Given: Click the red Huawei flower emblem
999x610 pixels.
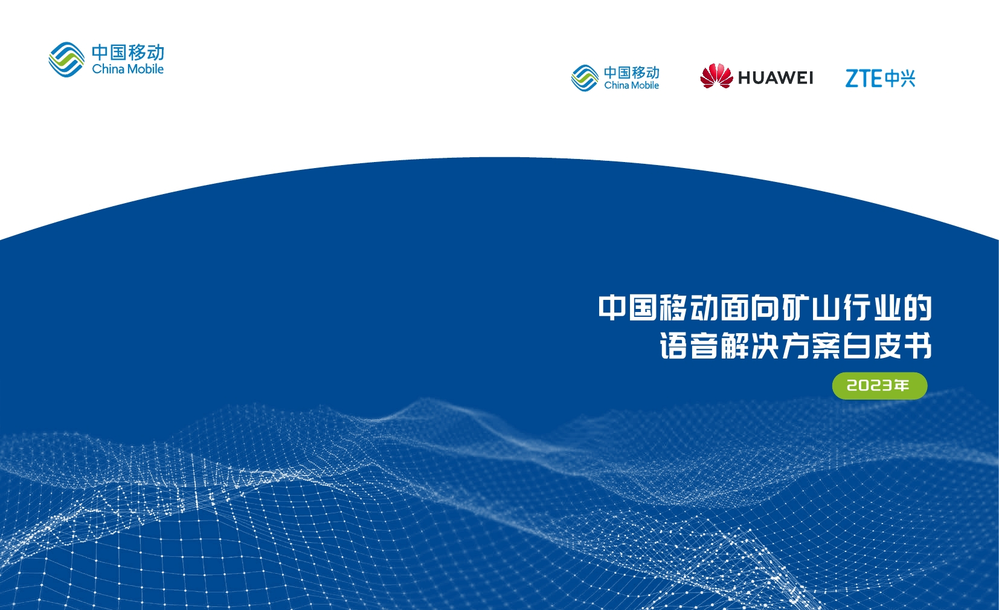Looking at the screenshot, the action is [716, 76].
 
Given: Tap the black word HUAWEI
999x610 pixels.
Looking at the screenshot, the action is [776, 78].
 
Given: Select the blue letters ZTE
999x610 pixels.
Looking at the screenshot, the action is [864, 78].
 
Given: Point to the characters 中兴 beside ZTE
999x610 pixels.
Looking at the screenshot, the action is [899, 78].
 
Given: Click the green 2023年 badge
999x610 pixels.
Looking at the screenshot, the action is [879, 385].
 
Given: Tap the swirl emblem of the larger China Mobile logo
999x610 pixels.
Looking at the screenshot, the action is [66, 59].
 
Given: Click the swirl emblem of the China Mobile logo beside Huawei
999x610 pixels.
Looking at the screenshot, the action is [585, 78].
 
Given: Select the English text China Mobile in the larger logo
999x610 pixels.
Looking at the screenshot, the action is [127, 69].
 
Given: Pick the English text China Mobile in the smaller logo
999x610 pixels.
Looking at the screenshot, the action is [632, 85].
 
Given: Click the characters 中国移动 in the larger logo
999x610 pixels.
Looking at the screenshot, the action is [128, 52].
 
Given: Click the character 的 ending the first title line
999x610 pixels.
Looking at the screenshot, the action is [918, 308].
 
